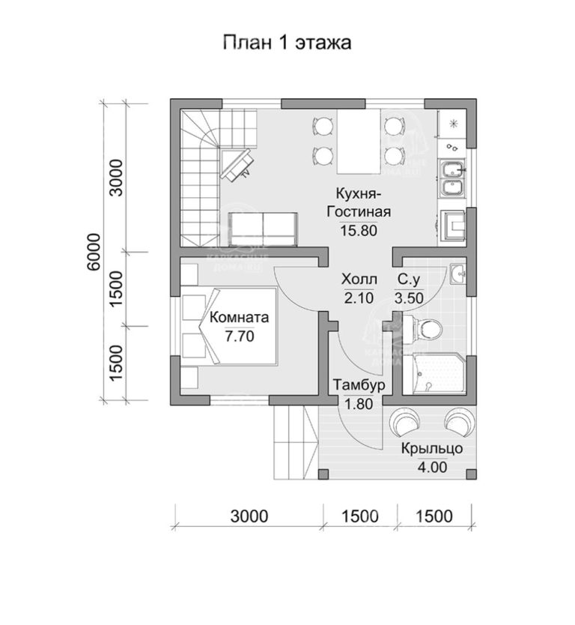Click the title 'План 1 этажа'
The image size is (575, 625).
287,42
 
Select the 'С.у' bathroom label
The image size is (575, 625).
408,280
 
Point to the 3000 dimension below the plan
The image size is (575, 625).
249,516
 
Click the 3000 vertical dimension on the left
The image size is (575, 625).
115,177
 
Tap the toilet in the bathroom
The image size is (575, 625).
427,328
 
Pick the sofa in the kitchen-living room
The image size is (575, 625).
262,227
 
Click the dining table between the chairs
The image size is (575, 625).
356,140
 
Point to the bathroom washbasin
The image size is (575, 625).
458,274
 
